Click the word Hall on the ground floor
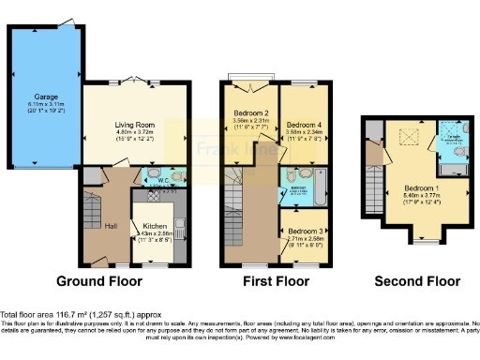(x=111, y=226)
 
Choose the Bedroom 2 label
(x=251, y=113)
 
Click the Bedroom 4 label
(x=305, y=125)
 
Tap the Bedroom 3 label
(x=306, y=231)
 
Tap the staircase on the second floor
(x=377, y=198)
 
